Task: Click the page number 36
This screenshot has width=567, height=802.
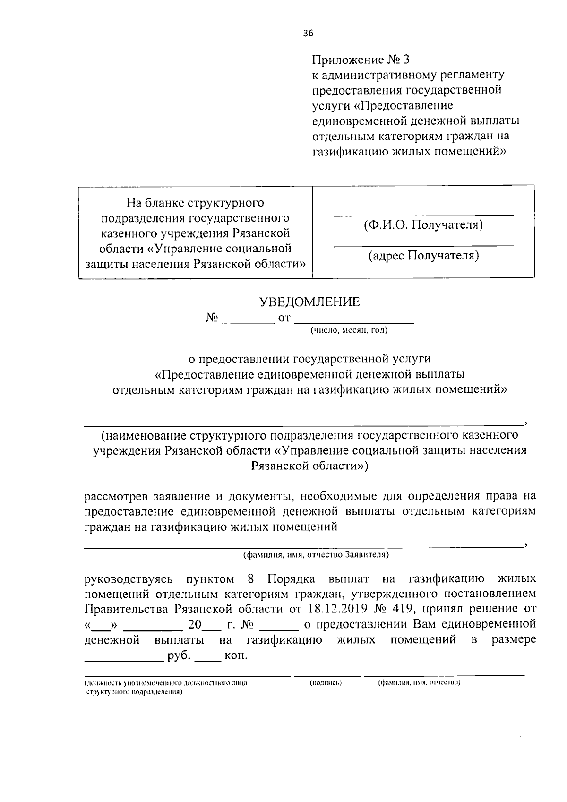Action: [x=308, y=33]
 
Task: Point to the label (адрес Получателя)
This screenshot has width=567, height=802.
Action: [x=423, y=256]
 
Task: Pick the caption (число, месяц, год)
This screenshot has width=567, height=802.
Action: [x=349, y=330]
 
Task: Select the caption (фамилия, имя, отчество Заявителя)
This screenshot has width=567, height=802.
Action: [x=316, y=554]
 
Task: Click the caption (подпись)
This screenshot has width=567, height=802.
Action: [x=326, y=683]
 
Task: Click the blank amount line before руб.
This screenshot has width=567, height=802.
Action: [x=123, y=658]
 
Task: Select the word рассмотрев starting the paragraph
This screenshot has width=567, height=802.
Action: [x=116, y=497]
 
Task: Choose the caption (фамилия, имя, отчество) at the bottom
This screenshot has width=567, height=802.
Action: [x=420, y=683]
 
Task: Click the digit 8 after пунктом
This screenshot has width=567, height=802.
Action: [x=251, y=579]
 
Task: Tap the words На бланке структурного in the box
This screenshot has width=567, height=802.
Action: [x=195, y=203]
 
